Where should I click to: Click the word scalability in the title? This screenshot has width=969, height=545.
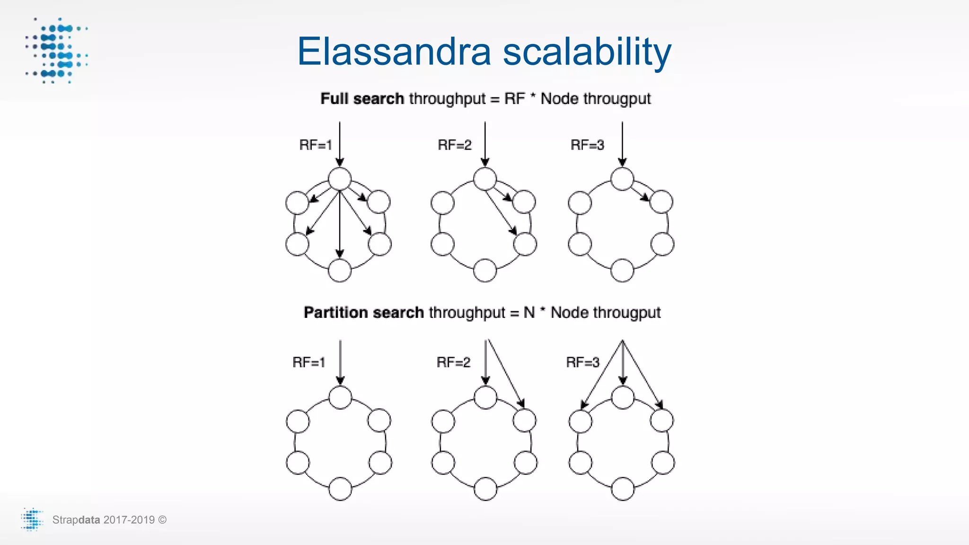click(x=587, y=52)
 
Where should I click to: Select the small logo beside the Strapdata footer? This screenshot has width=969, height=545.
click(x=32, y=519)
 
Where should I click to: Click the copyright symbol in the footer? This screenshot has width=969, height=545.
click(x=162, y=520)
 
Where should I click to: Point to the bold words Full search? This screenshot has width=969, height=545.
click(x=362, y=98)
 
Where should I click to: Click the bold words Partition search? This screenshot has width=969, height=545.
click(x=363, y=312)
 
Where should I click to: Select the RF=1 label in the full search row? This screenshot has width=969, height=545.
click(x=316, y=145)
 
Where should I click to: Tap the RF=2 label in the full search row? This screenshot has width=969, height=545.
click(x=455, y=145)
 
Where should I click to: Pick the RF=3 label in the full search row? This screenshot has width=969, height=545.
click(x=587, y=145)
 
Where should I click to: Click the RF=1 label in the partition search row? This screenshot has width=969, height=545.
click(x=308, y=362)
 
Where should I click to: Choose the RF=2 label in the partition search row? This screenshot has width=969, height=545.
click(x=453, y=362)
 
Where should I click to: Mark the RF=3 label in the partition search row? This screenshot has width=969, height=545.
click(x=582, y=362)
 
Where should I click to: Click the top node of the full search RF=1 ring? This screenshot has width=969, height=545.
click(x=340, y=179)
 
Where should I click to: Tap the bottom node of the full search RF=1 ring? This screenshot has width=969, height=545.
click(x=340, y=271)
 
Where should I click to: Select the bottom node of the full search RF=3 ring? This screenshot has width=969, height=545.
click(x=622, y=271)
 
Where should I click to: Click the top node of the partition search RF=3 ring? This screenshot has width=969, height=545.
click(x=623, y=397)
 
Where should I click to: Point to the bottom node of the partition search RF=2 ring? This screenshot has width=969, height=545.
click(x=485, y=489)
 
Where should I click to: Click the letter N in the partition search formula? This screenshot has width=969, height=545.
click(x=529, y=312)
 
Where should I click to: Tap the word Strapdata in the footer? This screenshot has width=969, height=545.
click(x=76, y=520)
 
